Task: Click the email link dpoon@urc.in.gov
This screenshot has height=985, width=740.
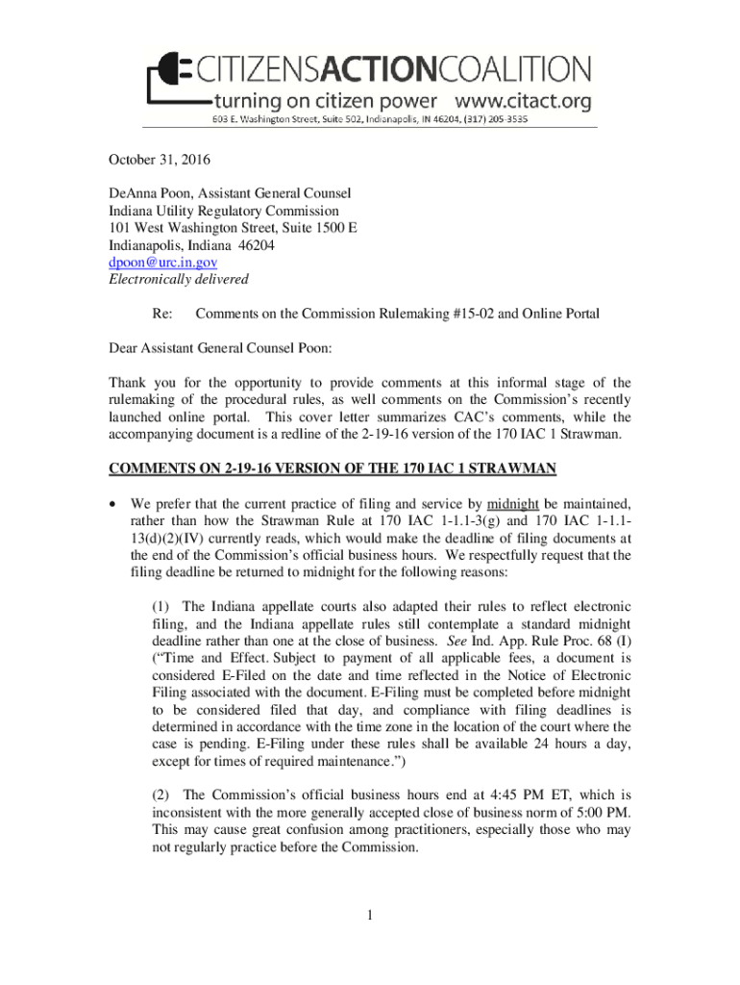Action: pyautogui.click(x=161, y=262)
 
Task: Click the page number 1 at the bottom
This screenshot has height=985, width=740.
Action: pyautogui.click(x=369, y=915)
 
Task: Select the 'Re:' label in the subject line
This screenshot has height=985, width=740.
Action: pyautogui.click(x=162, y=315)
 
